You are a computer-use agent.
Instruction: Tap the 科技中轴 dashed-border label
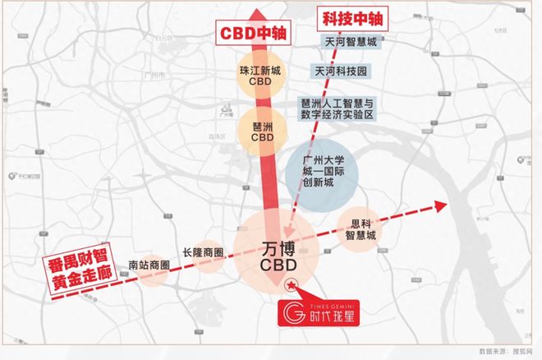352,17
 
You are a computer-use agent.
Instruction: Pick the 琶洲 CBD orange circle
261,130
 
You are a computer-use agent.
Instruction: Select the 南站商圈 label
149,265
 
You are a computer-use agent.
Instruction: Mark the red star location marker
290,285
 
